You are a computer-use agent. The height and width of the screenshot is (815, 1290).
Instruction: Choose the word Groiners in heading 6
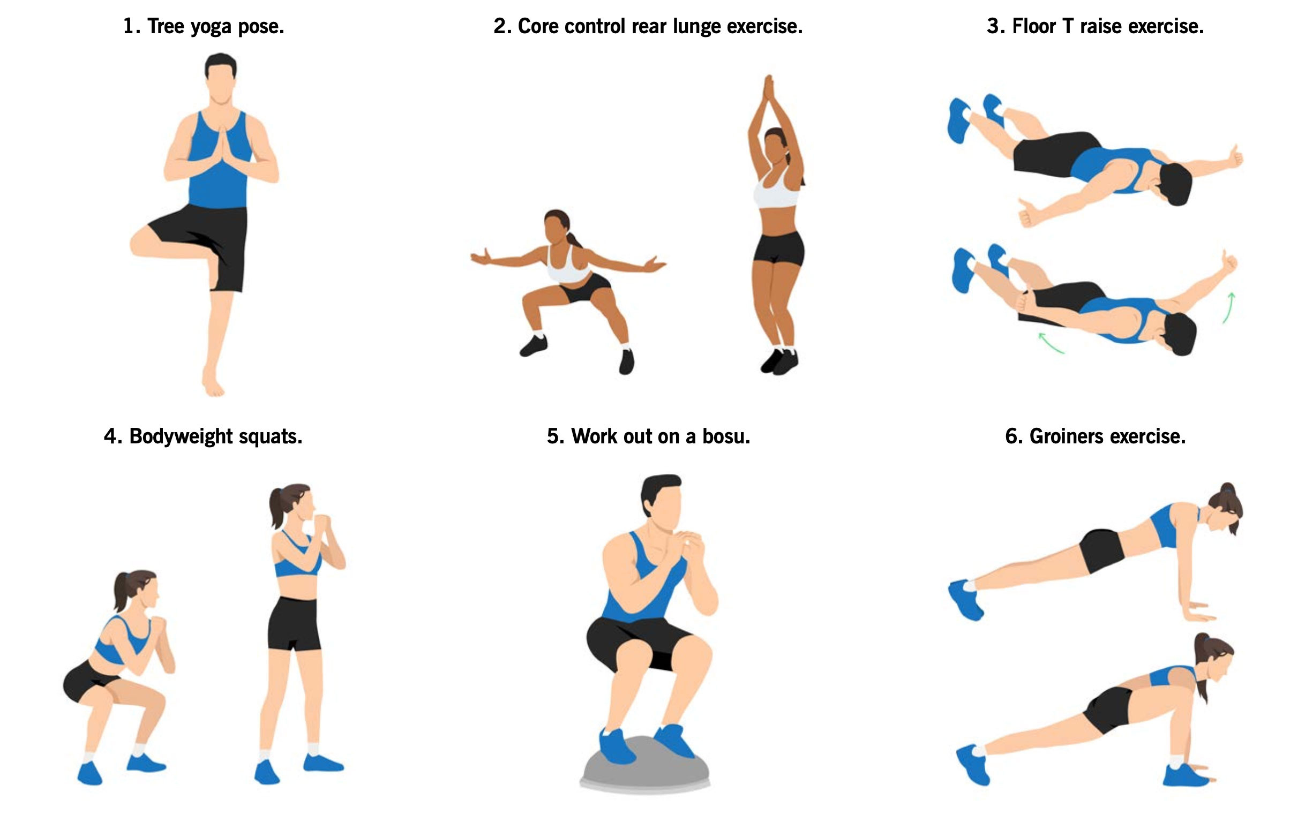1067,436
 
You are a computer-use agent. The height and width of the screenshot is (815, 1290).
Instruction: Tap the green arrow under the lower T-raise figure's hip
1051,343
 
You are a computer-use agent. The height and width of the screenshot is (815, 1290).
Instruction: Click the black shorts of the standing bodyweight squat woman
294,623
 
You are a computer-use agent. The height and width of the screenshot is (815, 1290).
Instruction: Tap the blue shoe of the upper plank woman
965,600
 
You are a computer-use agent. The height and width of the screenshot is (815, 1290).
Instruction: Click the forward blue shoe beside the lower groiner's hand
1186,775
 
